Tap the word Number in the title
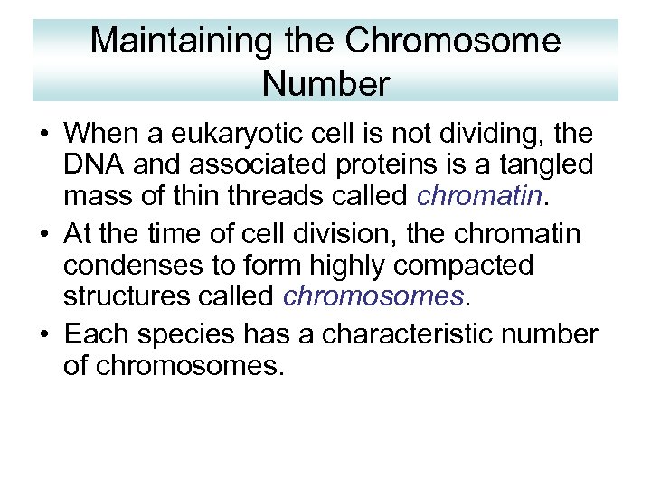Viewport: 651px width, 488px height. point(325,83)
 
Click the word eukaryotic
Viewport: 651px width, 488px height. point(264,136)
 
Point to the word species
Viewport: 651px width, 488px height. point(179,335)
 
